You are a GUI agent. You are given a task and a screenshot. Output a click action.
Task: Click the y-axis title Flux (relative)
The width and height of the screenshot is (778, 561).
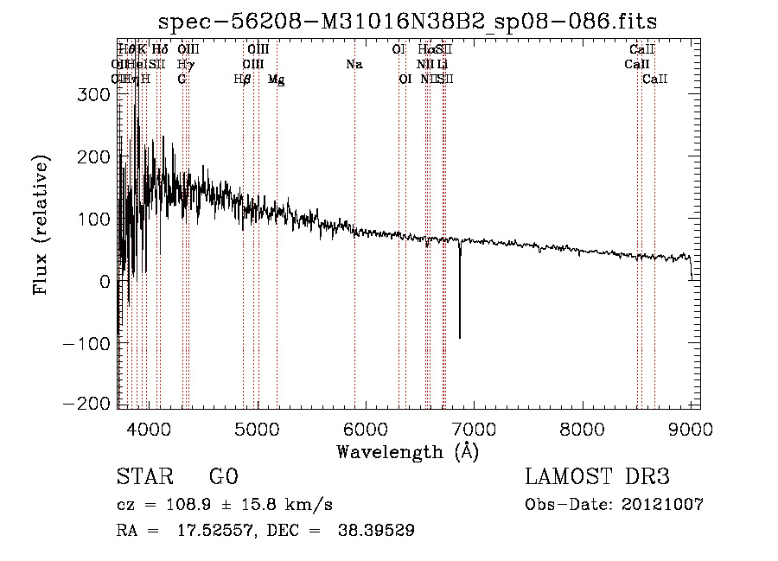(x=41, y=224)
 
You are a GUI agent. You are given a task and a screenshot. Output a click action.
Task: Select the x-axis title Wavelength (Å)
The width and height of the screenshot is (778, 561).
(x=407, y=451)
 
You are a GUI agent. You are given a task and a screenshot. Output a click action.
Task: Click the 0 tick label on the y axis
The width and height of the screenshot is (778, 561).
(x=103, y=281)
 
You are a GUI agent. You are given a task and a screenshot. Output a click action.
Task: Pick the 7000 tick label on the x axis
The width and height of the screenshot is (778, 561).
(x=475, y=427)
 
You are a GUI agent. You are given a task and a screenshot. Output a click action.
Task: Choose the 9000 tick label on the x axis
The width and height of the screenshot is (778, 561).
(x=691, y=427)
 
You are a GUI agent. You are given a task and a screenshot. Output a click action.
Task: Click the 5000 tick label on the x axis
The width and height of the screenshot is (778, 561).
(x=258, y=427)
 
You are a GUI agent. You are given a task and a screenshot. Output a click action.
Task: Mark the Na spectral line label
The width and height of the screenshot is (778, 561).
(x=354, y=65)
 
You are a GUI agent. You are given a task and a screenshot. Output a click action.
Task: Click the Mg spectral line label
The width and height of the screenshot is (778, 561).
(x=276, y=80)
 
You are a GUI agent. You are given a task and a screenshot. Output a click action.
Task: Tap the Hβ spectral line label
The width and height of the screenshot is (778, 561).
(x=243, y=80)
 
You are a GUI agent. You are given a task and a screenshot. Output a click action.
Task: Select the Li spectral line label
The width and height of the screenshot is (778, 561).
(x=442, y=65)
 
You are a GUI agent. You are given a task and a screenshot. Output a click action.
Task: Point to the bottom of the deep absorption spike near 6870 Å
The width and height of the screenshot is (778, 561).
(x=459, y=338)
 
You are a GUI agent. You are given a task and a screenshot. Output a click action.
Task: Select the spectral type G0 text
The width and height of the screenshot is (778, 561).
(x=223, y=477)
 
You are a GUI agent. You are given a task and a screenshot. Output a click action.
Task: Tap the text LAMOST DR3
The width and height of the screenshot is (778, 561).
(x=597, y=477)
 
